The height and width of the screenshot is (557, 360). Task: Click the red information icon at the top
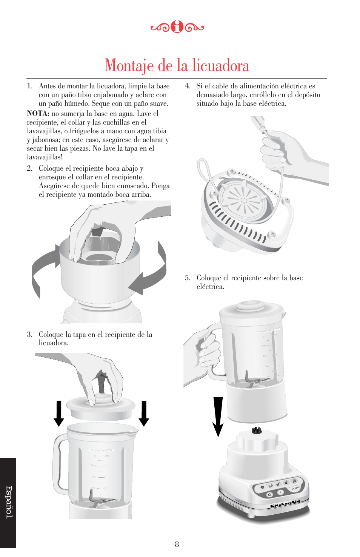[x=177, y=27]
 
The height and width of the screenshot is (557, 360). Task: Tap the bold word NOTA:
[x=38, y=114]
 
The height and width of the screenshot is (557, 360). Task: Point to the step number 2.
[x=29, y=168]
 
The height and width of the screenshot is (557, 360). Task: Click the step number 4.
[x=187, y=86]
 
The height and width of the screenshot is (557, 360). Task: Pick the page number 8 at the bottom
[x=177, y=544]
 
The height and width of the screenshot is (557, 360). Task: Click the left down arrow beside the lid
[x=59, y=414]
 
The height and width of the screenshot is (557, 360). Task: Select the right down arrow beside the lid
[x=144, y=414]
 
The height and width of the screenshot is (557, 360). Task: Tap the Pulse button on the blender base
[x=295, y=488]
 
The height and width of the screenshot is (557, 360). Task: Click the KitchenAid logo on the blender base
[x=285, y=504]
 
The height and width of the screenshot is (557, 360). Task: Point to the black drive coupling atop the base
[x=257, y=430]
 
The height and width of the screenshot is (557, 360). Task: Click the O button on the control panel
[x=269, y=495]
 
